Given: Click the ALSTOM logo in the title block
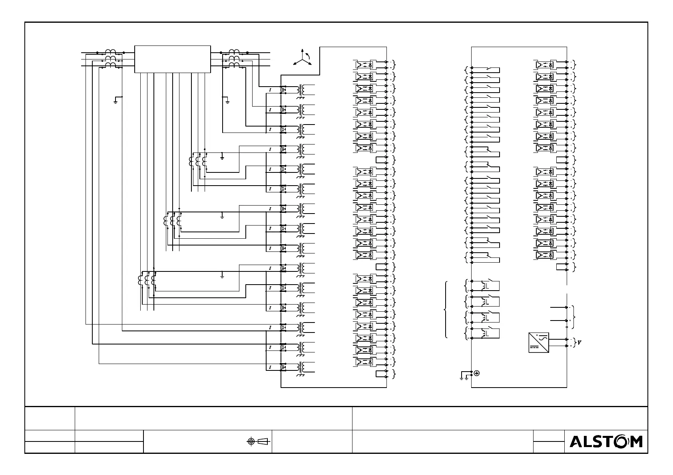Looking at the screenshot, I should [x=606, y=441].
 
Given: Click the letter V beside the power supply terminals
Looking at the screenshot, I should [x=579, y=343].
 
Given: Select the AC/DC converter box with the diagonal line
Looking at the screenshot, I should [x=539, y=342].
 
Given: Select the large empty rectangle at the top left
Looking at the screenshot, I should [x=172, y=59].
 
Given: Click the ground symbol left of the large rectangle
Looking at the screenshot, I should [x=115, y=101].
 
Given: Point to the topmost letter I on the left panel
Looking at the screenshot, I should [x=270, y=90].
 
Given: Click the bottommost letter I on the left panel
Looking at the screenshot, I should [x=270, y=367].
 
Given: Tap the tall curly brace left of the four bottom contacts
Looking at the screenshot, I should [x=446, y=310].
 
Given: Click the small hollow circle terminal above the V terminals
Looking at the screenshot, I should [x=567, y=327].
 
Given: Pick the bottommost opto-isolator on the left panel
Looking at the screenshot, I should [x=364, y=362].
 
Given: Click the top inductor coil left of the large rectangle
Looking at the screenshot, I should [x=110, y=52].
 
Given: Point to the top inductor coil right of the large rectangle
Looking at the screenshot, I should [x=234, y=52].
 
